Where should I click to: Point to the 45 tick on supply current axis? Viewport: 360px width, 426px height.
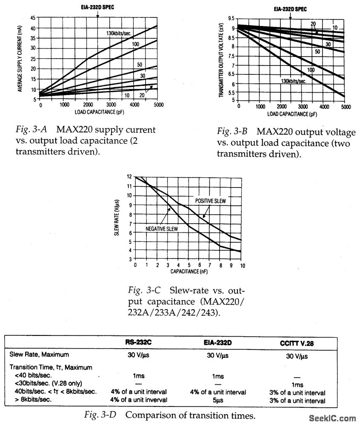click(33, 18)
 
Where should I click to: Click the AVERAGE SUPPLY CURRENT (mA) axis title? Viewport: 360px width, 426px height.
click(20, 59)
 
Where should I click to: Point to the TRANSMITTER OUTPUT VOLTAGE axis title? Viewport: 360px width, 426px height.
click(221, 60)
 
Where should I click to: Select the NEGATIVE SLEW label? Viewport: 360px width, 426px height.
click(161, 229)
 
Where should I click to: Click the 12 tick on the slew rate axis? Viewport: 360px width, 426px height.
click(129, 176)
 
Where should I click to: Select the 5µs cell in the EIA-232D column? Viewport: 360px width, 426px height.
click(217, 400)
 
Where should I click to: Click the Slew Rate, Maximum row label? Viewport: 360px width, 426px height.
click(39, 355)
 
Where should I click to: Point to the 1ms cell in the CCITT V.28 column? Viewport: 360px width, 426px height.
click(297, 385)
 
